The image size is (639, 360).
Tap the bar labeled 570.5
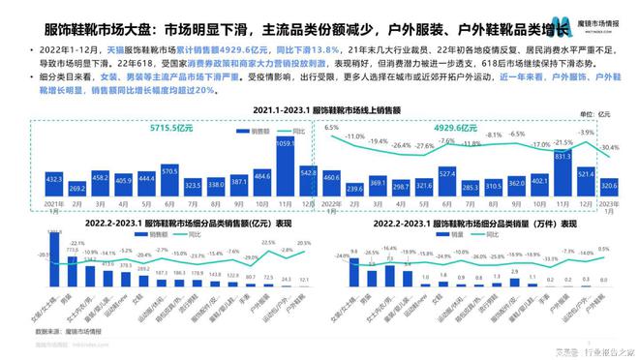point(169,182)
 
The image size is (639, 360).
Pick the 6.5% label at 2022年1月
point(332,127)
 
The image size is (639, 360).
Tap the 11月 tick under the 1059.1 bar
point(284,204)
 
